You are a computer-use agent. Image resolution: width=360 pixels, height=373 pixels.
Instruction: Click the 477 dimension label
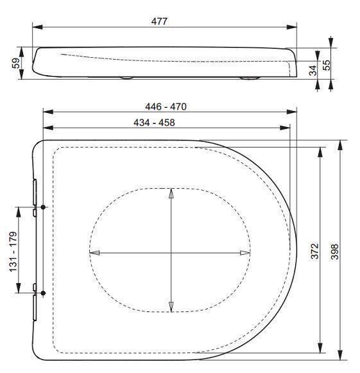click(x=159, y=21)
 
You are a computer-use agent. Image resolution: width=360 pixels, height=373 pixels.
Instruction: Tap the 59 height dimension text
click(x=16, y=63)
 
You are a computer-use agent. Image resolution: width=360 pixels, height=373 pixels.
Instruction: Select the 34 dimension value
click(x=313, y=71)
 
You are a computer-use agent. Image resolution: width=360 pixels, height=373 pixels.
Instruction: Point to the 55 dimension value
click(x=327, y=65)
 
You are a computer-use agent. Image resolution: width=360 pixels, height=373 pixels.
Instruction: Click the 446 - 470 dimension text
click(x=166, y=107)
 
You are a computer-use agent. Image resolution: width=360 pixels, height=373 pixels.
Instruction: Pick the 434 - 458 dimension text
click(x=154, y=123)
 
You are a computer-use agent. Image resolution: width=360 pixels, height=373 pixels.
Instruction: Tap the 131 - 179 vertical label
click(x=13, y=252)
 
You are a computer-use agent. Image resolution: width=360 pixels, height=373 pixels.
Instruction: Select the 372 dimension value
click(x=314, y=251)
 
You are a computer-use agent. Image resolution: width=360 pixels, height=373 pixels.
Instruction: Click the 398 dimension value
click(x=334, y=252)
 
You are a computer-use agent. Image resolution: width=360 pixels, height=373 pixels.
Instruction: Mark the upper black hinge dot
click(x=43, y=207)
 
